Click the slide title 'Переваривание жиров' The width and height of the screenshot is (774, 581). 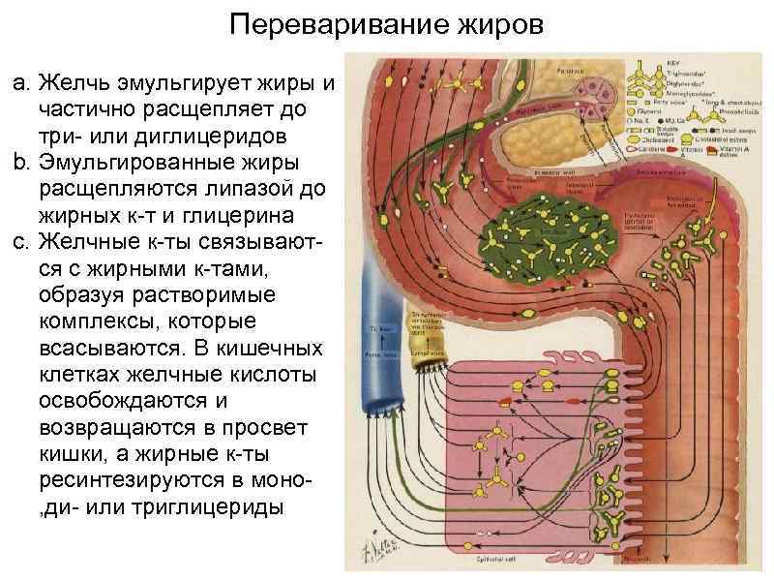coord(387,23)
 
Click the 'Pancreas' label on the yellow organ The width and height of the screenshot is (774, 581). coord(570,72)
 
